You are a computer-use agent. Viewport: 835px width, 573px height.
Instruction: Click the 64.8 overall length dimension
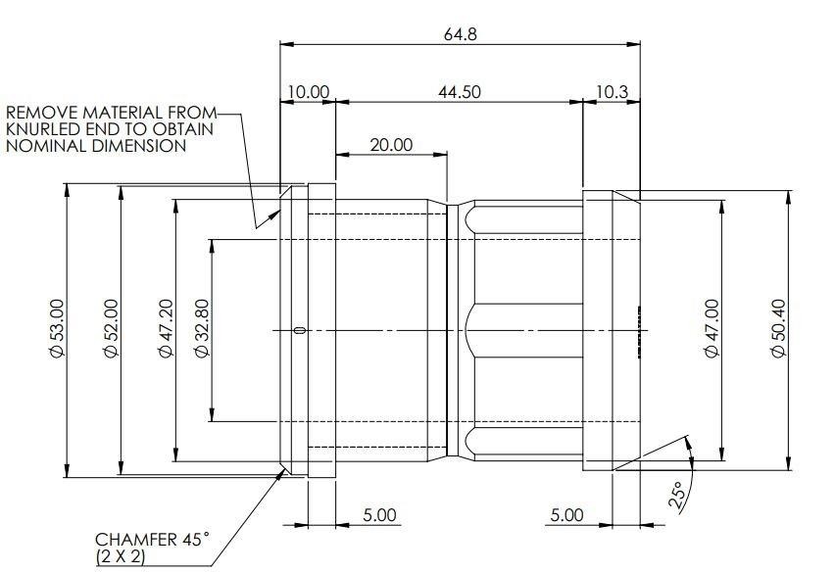coord(461,34)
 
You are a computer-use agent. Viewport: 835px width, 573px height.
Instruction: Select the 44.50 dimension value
coord(459,92)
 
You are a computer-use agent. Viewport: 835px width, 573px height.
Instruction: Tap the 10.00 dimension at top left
coord(309,92)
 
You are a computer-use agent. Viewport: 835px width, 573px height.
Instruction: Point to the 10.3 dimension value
coord(612,92)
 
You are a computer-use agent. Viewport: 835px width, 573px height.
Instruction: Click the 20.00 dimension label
coord(391,145)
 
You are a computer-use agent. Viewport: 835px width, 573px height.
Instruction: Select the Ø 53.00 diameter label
coord(57,328)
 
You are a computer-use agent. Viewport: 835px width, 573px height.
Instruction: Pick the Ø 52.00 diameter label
coord(111,328)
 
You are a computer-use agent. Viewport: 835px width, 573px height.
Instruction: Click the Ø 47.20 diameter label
coord(167,328)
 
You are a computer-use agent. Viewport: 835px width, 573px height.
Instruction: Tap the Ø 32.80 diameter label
coord(202,328)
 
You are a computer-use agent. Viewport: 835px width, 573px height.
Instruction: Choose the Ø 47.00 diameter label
coord(712,328)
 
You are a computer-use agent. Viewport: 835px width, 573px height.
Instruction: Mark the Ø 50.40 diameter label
coord(778,328)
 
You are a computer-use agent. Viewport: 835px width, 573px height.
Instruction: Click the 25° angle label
coord(676,497)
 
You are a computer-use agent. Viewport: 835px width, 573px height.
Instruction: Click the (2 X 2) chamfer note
coord(121,557)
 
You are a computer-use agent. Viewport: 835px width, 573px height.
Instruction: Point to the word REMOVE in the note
coord(42,113)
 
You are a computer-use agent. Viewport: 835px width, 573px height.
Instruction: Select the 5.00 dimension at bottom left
coord(379,515)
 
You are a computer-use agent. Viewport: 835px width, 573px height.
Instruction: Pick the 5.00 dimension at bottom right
coord(566,515)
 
